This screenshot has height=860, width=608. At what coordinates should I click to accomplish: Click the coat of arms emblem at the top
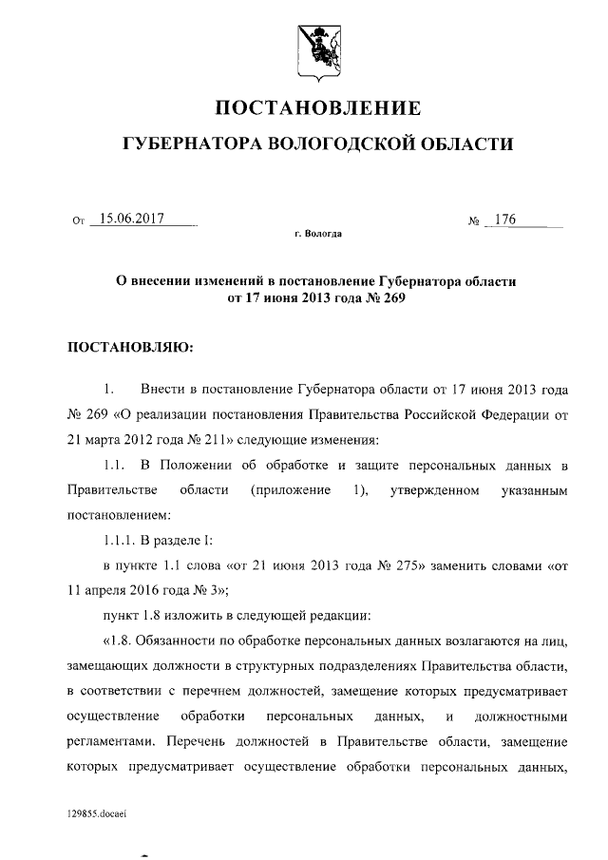[x=317, y=45]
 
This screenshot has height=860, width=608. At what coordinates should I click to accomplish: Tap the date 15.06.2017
[x=132, y=220]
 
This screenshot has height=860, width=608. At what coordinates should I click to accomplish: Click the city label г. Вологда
[x=318, y=233]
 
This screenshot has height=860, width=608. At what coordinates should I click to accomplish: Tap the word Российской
[x=433, y=414]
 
